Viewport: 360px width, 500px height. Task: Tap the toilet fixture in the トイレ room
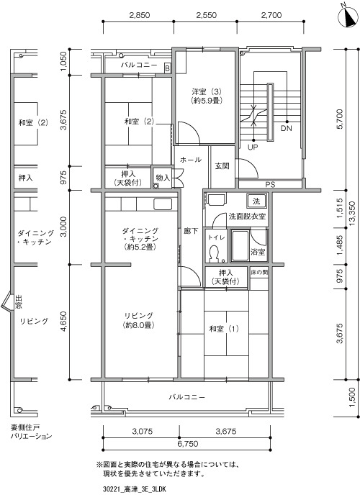click(x=214, y=254)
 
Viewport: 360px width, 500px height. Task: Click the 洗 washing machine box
click(x=256, y=201)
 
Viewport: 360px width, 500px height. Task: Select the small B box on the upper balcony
click(x=168, y=68)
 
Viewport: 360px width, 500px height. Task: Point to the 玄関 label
click(x=222, y=166)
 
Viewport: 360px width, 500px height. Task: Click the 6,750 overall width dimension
click(x=189, y=444)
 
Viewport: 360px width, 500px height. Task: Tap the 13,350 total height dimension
click(x=352, y=214)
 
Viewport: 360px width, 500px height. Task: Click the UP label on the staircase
click(x=253, y=147)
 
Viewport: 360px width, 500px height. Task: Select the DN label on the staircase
click(x=287, y=129)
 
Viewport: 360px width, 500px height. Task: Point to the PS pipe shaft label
click(x=270, y=185)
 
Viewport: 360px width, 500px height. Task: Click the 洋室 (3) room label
click(x=207, y=96)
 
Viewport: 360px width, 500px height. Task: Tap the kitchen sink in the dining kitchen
click(x=163, y=204)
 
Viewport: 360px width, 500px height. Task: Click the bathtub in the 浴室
click(x=240, y=246)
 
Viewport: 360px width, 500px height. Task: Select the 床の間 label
click(x=259, y=273)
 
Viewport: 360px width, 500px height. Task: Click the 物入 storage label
click(x=163, y=178)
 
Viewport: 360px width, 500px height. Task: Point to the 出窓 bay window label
click(x=19, y=302)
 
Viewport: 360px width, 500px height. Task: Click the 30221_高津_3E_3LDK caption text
click(x=135, y=489)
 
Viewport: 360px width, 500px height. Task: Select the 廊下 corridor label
click(x=191, y=231)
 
